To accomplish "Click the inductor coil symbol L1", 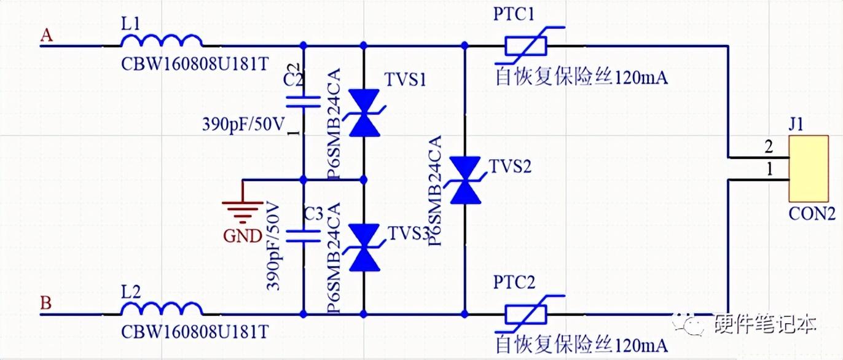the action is (162, 41).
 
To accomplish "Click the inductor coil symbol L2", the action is (162, 309).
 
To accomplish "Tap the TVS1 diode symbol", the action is (364, 112).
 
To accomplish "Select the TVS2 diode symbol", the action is (465, 180).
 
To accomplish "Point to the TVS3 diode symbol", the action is (364, 247).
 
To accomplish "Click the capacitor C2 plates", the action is (304, 102).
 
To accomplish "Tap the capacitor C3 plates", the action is (304, 237).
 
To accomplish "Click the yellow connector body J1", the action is (809, 168).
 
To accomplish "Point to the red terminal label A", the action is (47, 35).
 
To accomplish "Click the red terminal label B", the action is (46, 303).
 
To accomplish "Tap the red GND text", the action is (242, 236).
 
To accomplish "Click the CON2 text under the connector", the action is (812, 214).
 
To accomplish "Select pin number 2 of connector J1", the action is (769, 146).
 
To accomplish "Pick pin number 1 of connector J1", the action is (770, 170).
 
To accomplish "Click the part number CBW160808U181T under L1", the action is (195, 64).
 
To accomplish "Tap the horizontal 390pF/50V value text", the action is (243, 124).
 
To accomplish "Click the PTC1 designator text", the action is (514, 14).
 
